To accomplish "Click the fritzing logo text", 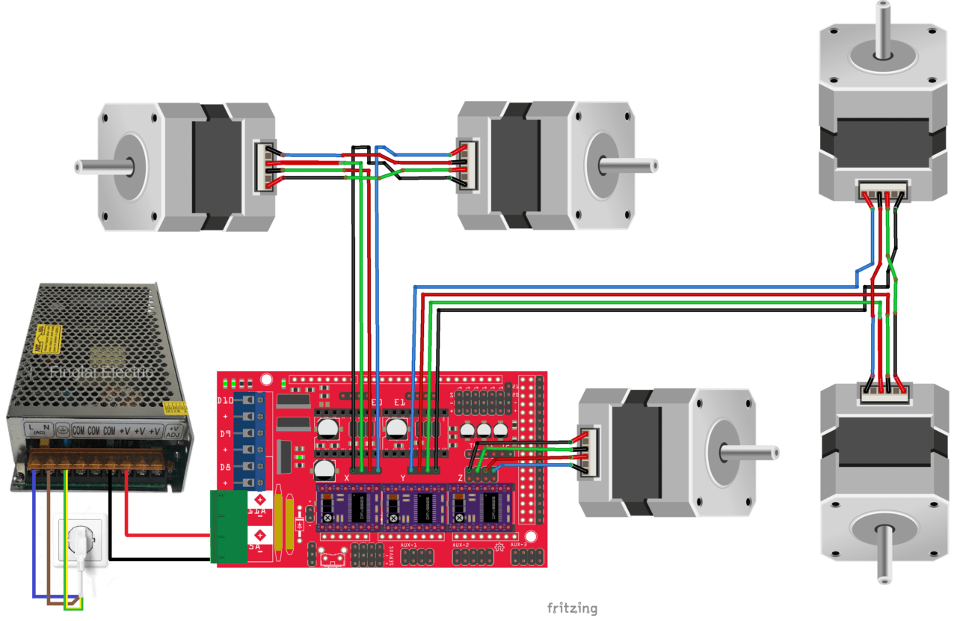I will [572, 608].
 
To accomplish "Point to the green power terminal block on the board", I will [229, 527].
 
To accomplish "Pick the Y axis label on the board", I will [404, 477].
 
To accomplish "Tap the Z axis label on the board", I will [461, 477].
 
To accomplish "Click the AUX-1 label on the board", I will [409, 545].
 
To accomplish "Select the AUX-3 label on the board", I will [519, 545].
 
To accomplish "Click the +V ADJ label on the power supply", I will [173, 431].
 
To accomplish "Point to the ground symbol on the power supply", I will [64, 431].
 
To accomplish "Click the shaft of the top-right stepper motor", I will [884, 30].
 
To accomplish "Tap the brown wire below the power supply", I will [49, 539].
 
